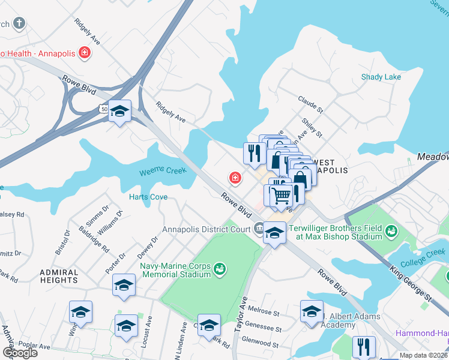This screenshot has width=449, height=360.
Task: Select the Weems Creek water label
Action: click(x=163, y=172)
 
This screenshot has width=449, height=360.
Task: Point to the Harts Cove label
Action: click(x=148, y=197)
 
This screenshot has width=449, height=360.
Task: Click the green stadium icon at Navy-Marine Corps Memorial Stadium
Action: click(x=220, y=268)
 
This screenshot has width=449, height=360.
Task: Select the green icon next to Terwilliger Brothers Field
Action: click(x=391, y=230)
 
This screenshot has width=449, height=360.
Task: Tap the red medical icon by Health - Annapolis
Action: click(x=85, y=53)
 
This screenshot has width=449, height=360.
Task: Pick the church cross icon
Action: click(x=19, y=24)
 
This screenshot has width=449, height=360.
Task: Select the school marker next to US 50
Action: click(x=120, y=111)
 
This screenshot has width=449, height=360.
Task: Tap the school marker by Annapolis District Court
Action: click(x=274, y=232)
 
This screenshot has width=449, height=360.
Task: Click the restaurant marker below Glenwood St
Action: click(x=364, y=346)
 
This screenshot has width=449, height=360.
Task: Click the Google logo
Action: click(x=20, y=353)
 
